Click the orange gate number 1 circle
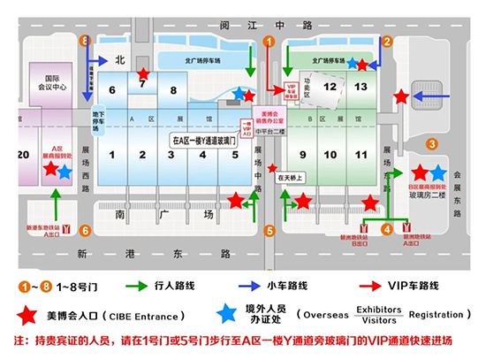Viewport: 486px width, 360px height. click(x=270, y=40)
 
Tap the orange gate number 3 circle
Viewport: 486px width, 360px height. click(x=432, y=143)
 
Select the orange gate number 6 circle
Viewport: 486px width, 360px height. click(x=85, y=231)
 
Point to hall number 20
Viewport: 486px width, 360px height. click(x=22, y=154)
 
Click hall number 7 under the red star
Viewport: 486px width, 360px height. click(x=142, y=86)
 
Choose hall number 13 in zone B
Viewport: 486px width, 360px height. click(x=360, y=87)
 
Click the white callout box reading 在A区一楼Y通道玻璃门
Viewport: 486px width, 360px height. click(x=204, y=140)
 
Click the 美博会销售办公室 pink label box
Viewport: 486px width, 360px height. click(x=270, y=118)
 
